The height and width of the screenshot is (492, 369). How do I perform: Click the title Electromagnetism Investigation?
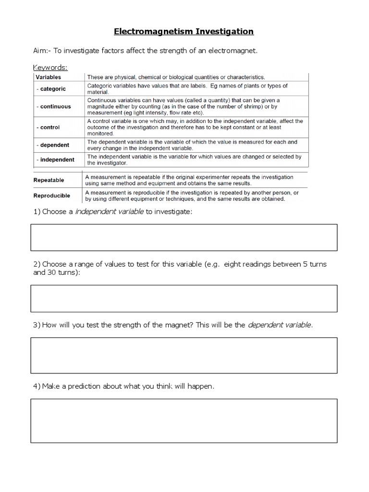(x=184, y=32)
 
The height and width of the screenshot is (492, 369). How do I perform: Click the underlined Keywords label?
(x=50, y=67)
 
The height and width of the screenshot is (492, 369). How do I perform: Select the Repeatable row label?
(x=49, y=180)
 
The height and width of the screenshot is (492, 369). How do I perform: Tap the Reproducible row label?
(x=51, y=196)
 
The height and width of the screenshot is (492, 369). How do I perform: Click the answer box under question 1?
(x=184, y=237)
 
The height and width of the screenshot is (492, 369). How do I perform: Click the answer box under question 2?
(x=184, y=298)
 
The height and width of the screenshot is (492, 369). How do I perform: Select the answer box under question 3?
(x=184, y=355)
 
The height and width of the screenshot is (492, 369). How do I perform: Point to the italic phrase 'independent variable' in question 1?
(x=109, y=212)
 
